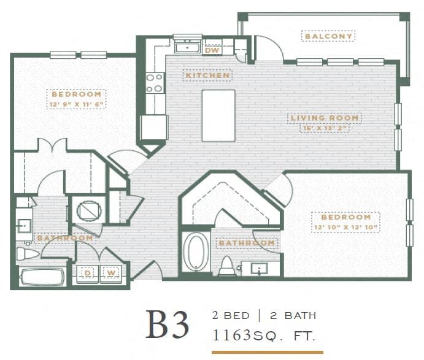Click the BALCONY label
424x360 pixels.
pos(329,37)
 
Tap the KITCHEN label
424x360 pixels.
pos(207,75)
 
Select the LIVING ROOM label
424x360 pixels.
pos(325,118)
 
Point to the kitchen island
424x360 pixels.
pos(218,115)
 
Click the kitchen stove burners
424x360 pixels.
pos(154,83)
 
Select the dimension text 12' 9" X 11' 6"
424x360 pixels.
pos(76,104)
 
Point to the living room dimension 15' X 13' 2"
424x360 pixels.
pos(325,128)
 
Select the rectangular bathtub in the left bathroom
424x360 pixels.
pos(42,277)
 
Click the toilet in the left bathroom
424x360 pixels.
pos(28,253)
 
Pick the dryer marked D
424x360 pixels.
pos(87,272)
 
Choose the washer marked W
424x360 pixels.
pos(112,272)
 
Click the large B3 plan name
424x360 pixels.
pos(167,325)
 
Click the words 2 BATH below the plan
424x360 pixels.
pos(293,316)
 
